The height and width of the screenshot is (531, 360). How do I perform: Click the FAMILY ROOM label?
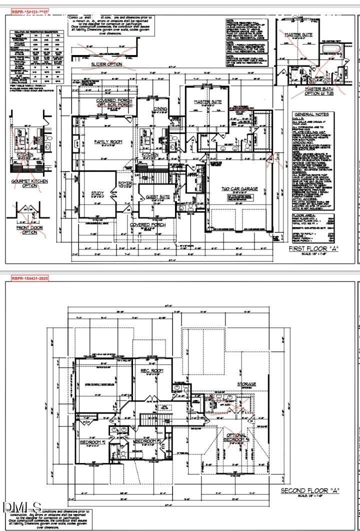coord(108,142)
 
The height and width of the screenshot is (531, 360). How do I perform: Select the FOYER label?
coord(124,183)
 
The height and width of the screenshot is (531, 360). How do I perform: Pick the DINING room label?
coord(160,108)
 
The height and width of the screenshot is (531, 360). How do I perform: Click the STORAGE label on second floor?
coord(246,384)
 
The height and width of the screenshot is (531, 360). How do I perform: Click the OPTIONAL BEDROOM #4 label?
coord(236,438)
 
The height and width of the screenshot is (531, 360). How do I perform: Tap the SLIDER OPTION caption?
coord(106,64)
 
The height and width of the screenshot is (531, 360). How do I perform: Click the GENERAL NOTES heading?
coord(311,114)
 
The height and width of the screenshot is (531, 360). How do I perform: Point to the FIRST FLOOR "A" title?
coord(313,248)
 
